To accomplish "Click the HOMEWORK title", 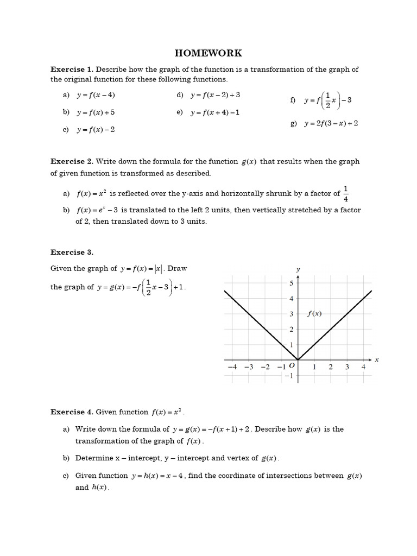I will click(208, 53).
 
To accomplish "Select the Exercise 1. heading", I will click(72, 69).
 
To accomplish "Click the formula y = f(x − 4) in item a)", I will click(96, 95).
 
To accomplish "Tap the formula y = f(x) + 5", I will click(96, 112).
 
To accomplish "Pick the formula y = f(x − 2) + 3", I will click(215, 95).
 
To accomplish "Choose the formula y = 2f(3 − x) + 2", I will click(331, 124).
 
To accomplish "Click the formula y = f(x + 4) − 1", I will click(215, 112).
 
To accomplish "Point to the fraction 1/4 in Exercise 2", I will click(346, 193).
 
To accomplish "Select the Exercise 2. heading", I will click(72, 161).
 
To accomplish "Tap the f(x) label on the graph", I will click(315, 313).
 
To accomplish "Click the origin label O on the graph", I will click(292, 367).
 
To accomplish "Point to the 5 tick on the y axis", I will click(291, 283).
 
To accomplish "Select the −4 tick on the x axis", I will click(232, 367).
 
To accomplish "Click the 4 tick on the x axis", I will click(364, 367).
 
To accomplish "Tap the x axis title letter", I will click(376, 359).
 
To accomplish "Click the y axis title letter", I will click(298, 269).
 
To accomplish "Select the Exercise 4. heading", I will click(72, 412).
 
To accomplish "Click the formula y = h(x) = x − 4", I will click(160, 476).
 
